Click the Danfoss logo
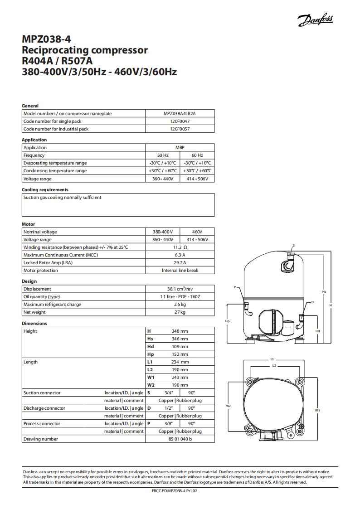point(315,19)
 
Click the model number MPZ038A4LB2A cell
point(180,113)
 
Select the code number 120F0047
point(180,121)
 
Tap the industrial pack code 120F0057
point(180,129)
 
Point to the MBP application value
point(180,147)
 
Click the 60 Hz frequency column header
point(197,155)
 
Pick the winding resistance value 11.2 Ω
point(180,247)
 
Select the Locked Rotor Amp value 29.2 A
point(180,262)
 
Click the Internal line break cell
point(180,270)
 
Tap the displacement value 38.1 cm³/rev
point(180,289)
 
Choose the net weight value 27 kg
point(180,312)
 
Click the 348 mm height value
point(180,331)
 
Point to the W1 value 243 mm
point(180,377)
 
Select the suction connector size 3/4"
point(165,393)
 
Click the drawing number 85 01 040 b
point(180,439)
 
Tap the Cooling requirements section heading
point(45,189)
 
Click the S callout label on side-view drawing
point(293,245)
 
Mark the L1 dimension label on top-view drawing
point(272,359)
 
